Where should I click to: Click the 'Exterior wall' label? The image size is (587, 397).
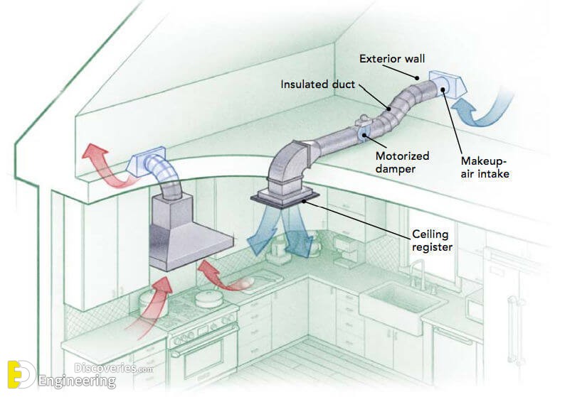tap(392, 59)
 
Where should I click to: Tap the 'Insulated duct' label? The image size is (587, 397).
tap(317, 84)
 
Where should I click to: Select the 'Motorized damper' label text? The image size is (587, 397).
tap(402, 162)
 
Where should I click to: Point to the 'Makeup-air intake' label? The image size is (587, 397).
tap(485, 167)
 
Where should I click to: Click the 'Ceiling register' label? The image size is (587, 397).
tap(432, 240)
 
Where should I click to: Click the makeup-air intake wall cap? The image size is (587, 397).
tap(448, 85)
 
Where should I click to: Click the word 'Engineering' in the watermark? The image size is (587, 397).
tap(77, 381)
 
